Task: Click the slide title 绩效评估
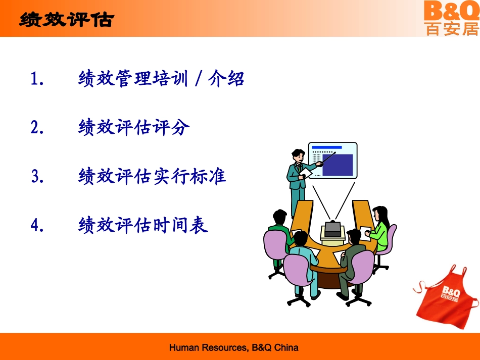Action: (66, 20)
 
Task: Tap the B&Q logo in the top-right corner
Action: (451, 18)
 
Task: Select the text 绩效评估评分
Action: (134, 128)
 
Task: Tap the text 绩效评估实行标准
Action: (152, 176)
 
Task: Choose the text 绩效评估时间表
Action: (143, 225)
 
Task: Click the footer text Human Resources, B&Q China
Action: (233, 347)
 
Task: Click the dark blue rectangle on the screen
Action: (337, 165)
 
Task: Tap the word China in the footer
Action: (286, 347)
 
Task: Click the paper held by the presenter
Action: (306, 173)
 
